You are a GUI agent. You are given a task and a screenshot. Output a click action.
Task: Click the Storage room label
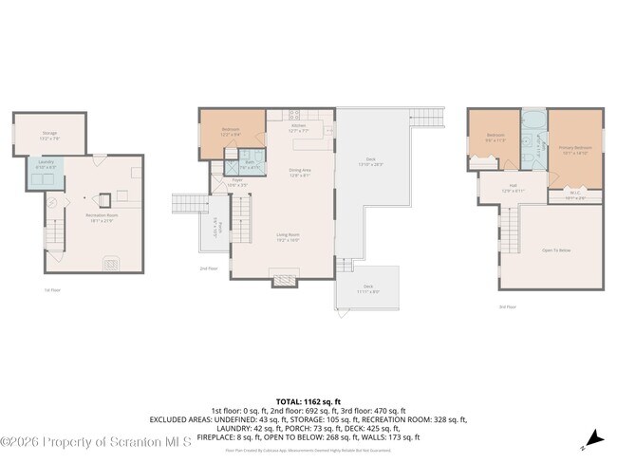point(49,135)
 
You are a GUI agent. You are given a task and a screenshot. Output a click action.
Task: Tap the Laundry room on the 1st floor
point(46,164)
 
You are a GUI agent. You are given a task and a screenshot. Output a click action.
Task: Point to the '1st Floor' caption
point(53,290)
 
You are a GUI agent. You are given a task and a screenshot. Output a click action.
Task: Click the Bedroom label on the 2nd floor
point(230,131)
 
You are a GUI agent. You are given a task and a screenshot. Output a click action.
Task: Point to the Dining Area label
point(300,172)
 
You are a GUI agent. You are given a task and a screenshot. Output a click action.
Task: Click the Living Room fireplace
point(284,280)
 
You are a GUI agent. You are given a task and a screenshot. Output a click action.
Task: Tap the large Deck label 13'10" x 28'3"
point(371,161)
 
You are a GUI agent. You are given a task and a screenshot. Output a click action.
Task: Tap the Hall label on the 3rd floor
point(513,188)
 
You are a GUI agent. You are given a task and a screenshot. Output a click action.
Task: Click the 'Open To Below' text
point(556,250)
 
